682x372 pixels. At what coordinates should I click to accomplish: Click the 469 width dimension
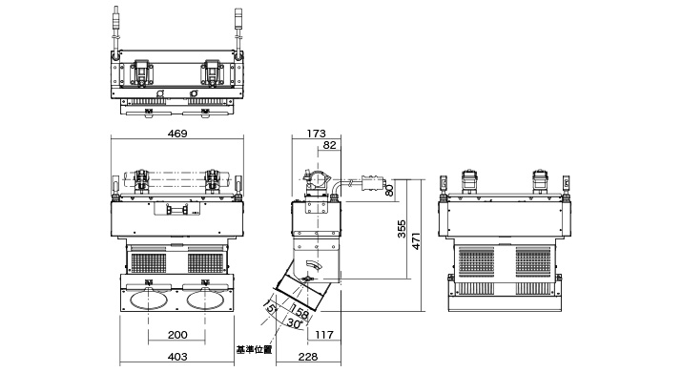[x=177, y=134]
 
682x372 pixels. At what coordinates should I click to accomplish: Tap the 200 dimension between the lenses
[x=177, y=335]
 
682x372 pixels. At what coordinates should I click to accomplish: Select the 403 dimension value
[x=177, y=357]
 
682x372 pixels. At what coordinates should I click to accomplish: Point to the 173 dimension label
[x=317, y=134]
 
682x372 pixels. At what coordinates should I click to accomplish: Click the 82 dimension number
[x=330, y=145]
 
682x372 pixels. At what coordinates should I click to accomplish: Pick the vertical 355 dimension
[x=402, y=229]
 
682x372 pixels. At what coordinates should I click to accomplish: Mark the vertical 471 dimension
[x=416, y=241]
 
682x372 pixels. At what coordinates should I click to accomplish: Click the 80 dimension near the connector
[x=389, y=190]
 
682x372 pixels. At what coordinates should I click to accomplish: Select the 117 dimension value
[x=324, y=335]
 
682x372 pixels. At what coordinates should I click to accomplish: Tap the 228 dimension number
[x=308, y=357]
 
